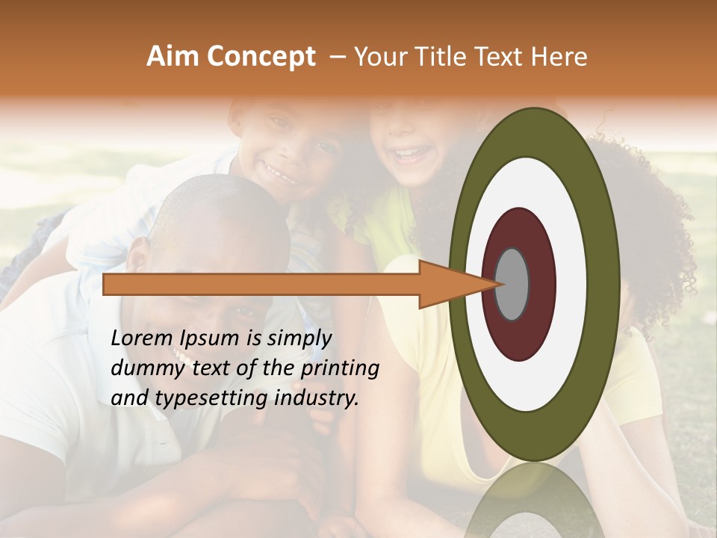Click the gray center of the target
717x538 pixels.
click(x=512, y=284)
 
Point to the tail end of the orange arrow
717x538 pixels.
click(x=108, y=284)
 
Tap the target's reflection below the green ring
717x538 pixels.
click(x=534, y=501)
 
